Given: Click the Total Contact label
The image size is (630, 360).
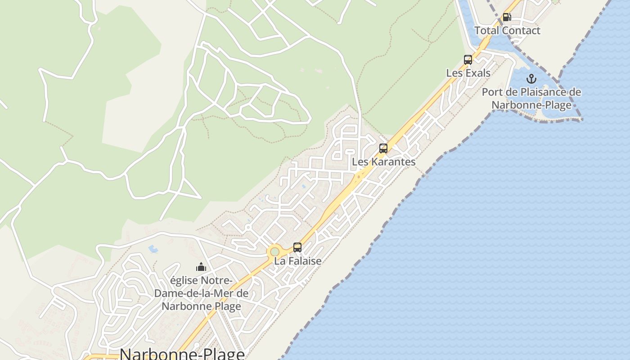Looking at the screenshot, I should point(507,31).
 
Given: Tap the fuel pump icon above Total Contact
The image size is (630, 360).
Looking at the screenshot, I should point(507,17).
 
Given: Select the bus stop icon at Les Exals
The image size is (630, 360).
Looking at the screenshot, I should point(468,59).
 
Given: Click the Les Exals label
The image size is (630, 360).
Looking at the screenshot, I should point(468,73).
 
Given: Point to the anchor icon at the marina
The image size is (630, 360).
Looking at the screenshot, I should point(531,79).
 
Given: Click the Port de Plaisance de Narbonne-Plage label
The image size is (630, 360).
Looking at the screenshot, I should point(531,99).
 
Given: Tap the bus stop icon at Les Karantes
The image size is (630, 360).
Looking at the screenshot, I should point(383,148).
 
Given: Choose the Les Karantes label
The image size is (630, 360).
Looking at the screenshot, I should point(383,162).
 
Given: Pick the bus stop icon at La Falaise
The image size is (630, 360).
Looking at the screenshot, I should point(297,247).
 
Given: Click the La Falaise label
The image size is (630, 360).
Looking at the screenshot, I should point(297,261).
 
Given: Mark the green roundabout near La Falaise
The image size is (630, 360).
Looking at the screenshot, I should point(274,251).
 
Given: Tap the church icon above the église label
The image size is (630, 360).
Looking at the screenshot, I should point(201,267).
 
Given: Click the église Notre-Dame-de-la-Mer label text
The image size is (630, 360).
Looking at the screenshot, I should point(201,293).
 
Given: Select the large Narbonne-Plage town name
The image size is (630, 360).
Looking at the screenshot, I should point(182,354).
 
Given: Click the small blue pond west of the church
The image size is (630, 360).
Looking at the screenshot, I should point(153,248).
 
